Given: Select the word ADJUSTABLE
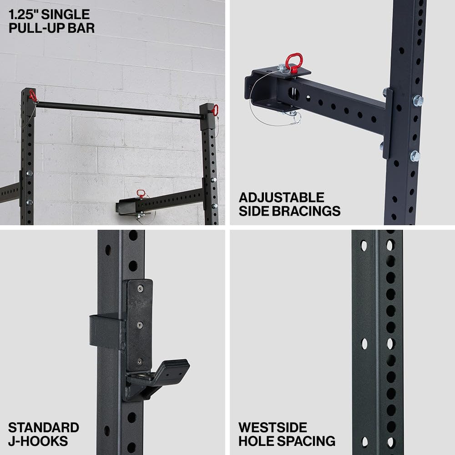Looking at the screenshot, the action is click(x=282, y=197).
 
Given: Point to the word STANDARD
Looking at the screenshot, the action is click(x=44, y=427).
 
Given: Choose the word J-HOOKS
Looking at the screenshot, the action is click(x=38, y=441).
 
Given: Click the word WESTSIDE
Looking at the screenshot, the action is click(x=273, y=427).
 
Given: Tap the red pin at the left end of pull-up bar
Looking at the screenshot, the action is click(x=32, y=96).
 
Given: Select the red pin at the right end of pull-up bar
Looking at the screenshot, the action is click(x=215, y=110).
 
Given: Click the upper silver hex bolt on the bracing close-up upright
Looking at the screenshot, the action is click(x=418, y=101).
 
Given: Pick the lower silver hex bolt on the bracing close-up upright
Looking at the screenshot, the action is click(x=415, y=156).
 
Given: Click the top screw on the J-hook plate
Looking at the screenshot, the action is click(x=140, y=288).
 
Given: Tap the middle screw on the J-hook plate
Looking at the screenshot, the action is click(x=140, y=325).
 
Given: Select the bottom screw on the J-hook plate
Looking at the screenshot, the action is click(x=140, y=362).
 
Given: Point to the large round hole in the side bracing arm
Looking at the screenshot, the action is click(x=293, y=94).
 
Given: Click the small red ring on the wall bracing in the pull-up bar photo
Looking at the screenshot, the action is click(x=141, y=193).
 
